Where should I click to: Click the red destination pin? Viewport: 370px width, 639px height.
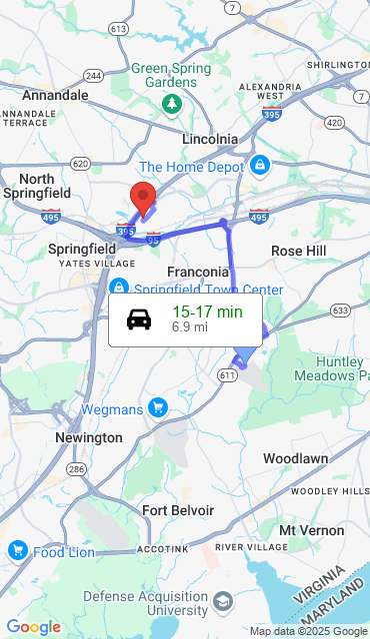[x=144, y=199]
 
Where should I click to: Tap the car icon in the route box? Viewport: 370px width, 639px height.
[x=139, y=319]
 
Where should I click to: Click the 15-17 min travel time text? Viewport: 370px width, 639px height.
[x=207, y=312]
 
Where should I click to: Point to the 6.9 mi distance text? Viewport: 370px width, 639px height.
[x=189, y=326]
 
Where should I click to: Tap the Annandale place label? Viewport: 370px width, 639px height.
[x=55, y=96]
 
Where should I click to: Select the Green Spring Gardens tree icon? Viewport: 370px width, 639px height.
[x=172, y=102]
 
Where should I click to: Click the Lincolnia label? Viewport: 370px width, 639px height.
[x=210, y=139]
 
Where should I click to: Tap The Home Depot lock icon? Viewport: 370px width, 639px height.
[x=259, y=165]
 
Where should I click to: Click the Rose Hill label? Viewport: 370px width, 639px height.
[x=299, y=250]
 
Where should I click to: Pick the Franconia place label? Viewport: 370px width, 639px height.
[x=198, y=272]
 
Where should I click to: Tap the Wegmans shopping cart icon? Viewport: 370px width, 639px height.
[x=157, y=407]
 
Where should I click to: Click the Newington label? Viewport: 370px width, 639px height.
[x=89, y=437]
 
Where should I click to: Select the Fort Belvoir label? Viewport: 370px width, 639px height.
[x=178, y=510]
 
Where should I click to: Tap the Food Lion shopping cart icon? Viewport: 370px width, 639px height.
[x=17, y=550]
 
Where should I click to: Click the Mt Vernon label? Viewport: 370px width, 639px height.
[x=303, y=529]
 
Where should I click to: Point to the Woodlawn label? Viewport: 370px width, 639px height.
[x=295, y=457]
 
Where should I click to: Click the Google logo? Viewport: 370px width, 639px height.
[x=33, y=627]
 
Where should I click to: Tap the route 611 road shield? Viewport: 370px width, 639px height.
[x=227, y=374]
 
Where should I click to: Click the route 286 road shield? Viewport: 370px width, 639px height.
[x=76, y=468]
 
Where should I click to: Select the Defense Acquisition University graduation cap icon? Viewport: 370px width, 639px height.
[x=223, y=602]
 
